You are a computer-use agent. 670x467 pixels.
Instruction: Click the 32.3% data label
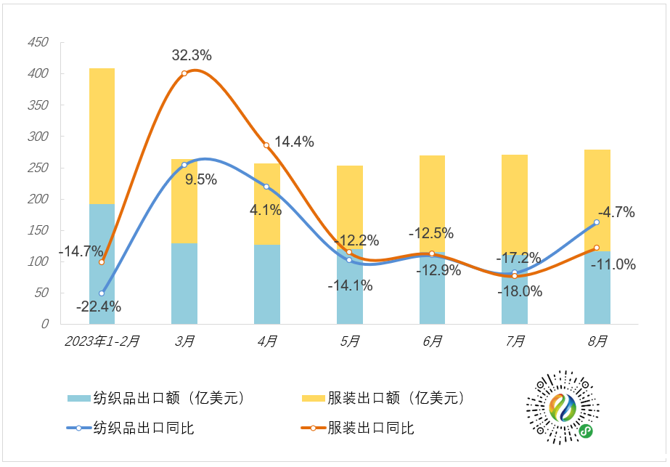[192, 54]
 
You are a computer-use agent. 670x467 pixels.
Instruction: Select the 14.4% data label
[294, 142]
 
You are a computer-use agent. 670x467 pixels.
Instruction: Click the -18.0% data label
[520, 291]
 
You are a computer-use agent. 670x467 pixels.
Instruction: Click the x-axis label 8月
[597, 341]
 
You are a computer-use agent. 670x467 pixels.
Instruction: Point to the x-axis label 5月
[350, 341]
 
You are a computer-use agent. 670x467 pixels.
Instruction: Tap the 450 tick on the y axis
[37, 43]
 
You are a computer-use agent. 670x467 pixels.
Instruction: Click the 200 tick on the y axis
[37, 199]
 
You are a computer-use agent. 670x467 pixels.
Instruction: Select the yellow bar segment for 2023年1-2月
[102, 136]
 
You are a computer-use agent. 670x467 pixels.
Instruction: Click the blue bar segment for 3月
[184, 283]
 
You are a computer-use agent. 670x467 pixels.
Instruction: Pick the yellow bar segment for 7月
[515, 211]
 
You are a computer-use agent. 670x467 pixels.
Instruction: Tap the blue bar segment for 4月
[267, 284]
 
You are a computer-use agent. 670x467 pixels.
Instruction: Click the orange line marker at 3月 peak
[184, 73]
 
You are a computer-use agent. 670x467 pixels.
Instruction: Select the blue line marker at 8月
[597, 222]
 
